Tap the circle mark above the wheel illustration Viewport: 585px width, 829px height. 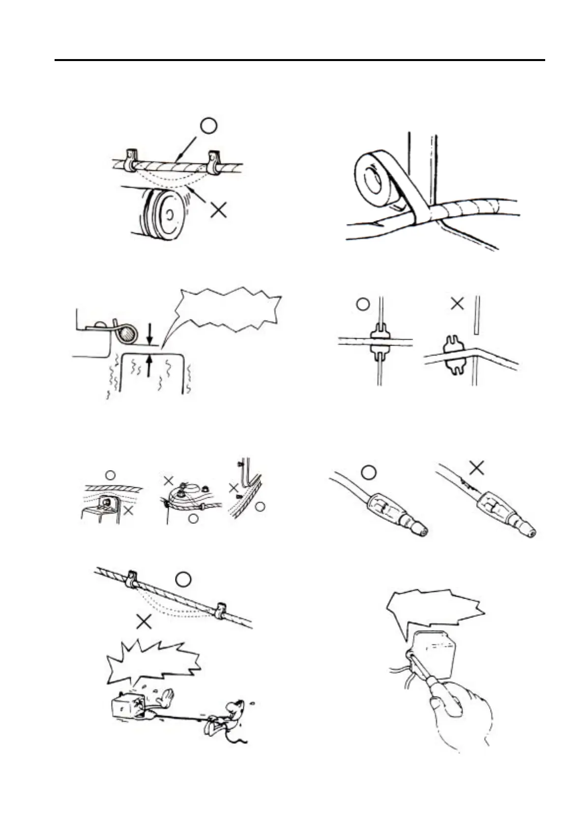[x=208, y=126]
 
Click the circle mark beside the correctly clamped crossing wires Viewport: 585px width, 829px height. [x=363, y=304]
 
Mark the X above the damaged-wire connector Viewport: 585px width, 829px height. [x=476, y=467]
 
